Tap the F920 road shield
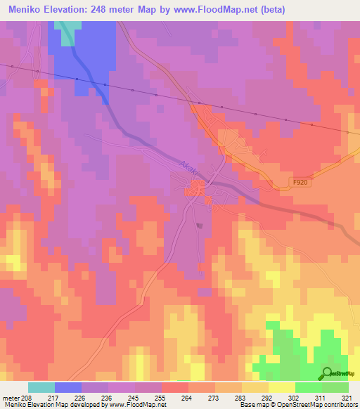(x=300, y=182)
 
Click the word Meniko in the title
(x=29, y=9)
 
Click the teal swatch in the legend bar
(x=41, y=387)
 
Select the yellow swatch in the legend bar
(x=281, y=387)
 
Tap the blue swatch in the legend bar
(x=68, y=387)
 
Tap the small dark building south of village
(x=200, y=226)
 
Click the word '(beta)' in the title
(x=276, y=9)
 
